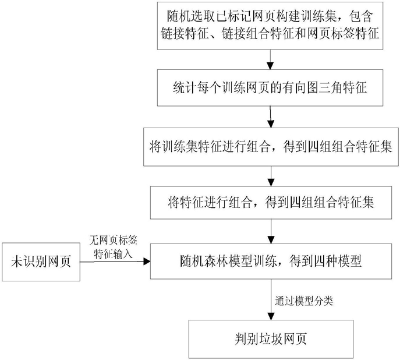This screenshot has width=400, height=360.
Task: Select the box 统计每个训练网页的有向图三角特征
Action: point(270,88)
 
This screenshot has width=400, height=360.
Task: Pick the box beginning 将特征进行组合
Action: point(270,203)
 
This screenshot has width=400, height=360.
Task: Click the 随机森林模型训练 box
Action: point(270,261)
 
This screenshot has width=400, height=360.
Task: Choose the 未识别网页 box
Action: point(41,260)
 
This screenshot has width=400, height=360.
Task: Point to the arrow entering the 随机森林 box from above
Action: point(270,231)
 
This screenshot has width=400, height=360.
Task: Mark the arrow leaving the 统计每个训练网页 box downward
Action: point(270,116)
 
